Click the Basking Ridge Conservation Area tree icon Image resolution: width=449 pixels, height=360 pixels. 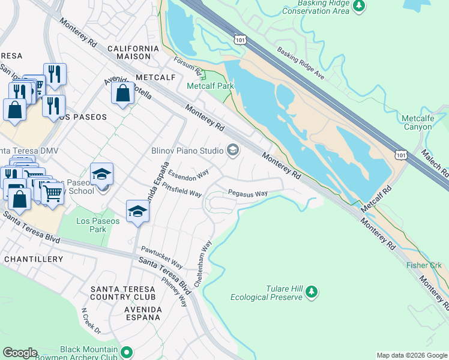point(360,6)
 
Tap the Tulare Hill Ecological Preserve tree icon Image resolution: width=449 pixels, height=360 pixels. point(311,292)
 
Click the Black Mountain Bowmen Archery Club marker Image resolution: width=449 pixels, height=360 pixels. point(127,352)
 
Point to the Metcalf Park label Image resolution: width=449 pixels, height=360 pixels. point(210,86)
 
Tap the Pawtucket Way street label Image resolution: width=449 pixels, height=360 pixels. point(161,256)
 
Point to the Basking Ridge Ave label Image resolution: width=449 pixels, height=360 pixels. point(300,64)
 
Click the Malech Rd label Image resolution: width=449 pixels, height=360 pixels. point(435,161)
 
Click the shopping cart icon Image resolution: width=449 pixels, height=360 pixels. point(53,194)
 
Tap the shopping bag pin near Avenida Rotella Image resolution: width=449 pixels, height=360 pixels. point(122,94)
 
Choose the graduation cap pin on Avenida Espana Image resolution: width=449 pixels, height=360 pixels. point(137,212)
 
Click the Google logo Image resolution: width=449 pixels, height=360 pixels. point(20,353)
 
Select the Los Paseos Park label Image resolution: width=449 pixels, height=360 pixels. point(98,225)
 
